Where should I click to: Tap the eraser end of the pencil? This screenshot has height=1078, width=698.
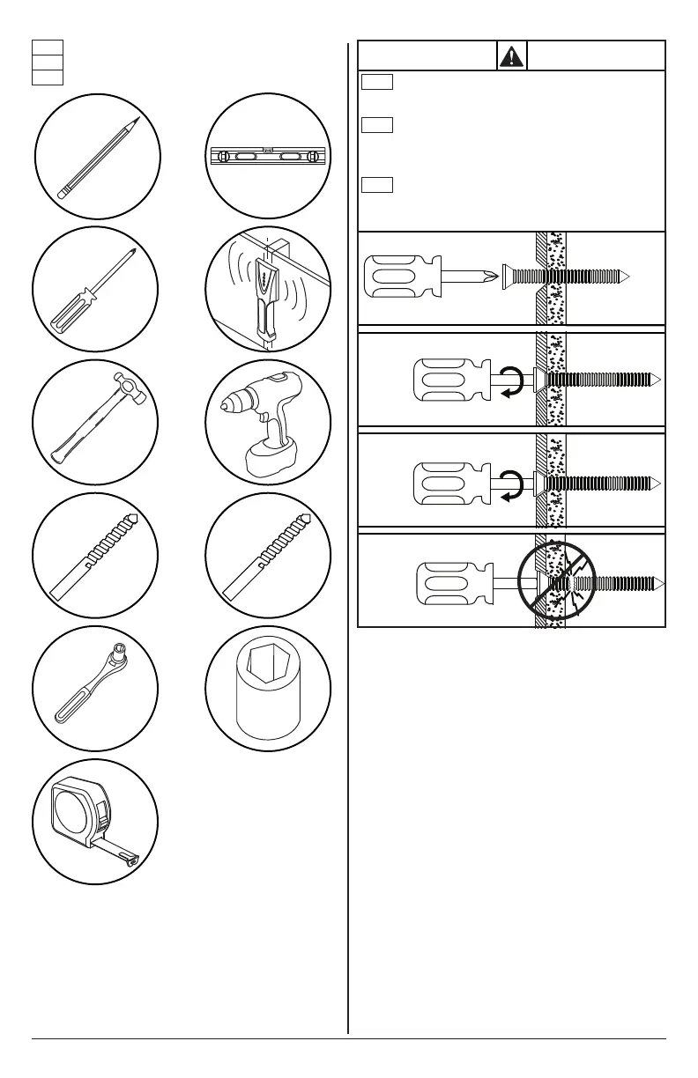point(61,192)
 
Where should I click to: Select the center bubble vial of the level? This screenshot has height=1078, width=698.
point(268,157)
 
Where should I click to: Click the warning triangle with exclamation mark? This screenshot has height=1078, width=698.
point(511,55)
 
